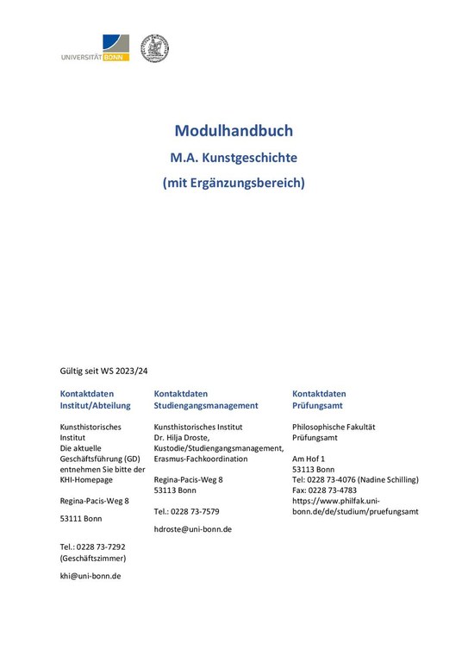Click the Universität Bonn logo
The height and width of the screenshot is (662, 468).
click(95, 47)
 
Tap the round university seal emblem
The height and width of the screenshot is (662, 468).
click(154, 48)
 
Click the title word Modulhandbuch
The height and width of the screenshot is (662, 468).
click(234, 131)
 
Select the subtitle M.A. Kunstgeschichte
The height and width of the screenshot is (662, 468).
click(234, 158)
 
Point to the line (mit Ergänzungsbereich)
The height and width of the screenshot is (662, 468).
click(234, 183)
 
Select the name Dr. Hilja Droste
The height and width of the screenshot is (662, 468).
click(190, 438)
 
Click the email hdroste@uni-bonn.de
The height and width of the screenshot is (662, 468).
click(192, 528)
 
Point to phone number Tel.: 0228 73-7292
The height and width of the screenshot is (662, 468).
click(92, 546)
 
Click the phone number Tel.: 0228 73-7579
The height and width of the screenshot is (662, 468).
click(186, 511)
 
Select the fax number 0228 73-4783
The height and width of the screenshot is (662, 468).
click(334, 490)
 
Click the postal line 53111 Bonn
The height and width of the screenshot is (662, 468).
click(80, 519)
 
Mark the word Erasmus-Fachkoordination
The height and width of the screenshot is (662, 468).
click(200, 459)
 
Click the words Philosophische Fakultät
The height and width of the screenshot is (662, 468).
click(334, 427)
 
